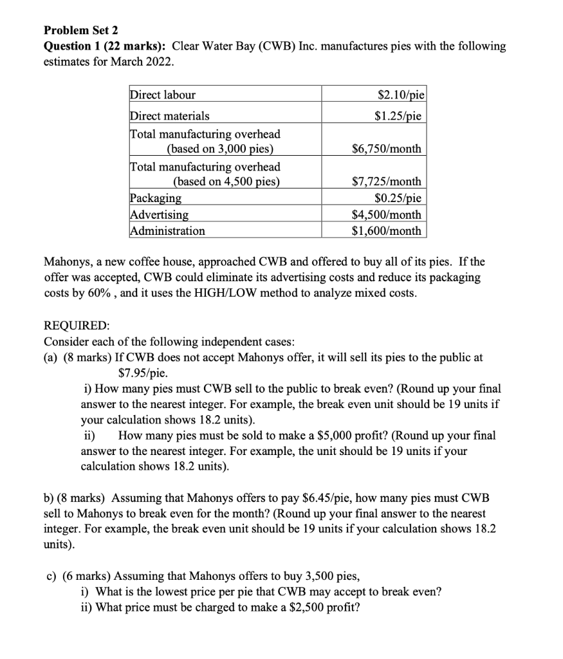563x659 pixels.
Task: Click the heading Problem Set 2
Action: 82,30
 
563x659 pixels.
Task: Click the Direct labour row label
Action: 163,95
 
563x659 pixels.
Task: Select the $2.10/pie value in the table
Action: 400,95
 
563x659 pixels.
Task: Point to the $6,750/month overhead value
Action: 387,149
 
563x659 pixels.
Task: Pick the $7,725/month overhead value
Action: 387,182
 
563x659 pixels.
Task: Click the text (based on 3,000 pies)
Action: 220,149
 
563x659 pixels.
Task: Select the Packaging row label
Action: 156,198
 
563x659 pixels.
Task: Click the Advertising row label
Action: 159,214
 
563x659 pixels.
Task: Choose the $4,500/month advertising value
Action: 387,214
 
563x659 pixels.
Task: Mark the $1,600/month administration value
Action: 387,230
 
